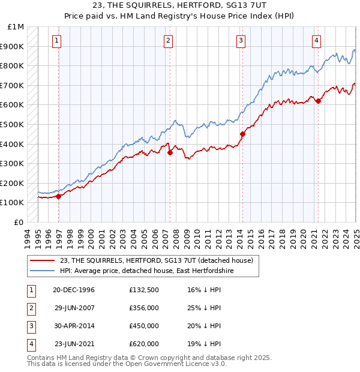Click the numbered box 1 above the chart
[56, 41]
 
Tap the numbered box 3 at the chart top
[241, 41]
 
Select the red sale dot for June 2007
[170, 152]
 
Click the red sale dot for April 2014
[242, 134]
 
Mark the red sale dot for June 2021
[318, 101]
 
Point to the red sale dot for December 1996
[59, 196]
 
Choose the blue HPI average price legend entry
[146, 271]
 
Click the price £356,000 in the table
[144, 308]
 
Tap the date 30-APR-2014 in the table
[74, 326]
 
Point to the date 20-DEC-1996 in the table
[74, 290]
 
